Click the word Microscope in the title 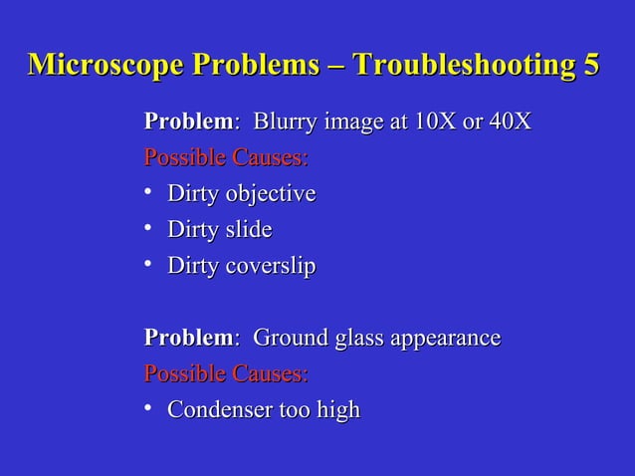coord(106,65)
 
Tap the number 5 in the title coord(591,65)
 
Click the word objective coord(268,194)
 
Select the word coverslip coord(268,266)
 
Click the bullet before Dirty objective coord(148,193)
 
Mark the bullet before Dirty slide coord(148,229)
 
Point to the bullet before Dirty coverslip coord(148,265)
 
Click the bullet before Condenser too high coord(148,408)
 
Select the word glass coord(360,339)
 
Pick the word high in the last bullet coord(338,410)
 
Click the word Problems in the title coord(253,65)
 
